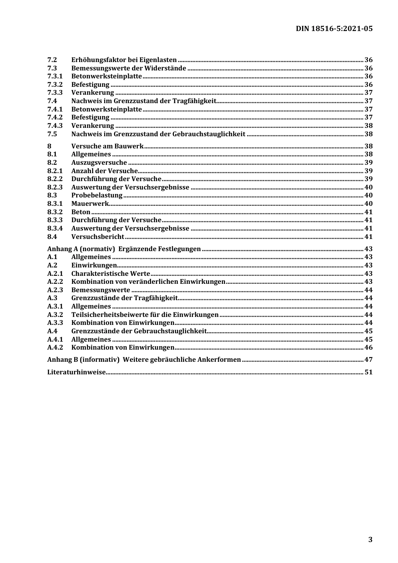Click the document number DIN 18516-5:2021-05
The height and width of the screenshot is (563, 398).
334,29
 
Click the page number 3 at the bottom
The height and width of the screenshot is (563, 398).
370,540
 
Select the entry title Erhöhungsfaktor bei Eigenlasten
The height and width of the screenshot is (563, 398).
124,60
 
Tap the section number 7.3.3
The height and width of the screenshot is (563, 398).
55,93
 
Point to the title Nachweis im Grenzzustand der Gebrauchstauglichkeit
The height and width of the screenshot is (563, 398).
158,134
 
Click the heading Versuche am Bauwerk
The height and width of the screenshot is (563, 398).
107,146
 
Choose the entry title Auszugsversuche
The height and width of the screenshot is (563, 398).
99,163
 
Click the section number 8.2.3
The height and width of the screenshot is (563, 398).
55,187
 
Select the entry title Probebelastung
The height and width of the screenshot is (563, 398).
97,195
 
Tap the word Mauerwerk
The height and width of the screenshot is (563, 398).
90,204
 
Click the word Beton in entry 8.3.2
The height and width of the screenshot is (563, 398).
81,212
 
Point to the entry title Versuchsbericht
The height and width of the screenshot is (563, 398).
98,237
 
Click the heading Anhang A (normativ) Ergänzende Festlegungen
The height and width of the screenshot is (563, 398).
124,249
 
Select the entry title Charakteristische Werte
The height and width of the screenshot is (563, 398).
111,274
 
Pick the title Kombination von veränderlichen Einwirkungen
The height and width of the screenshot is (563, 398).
148,282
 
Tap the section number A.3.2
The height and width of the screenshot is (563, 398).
55,315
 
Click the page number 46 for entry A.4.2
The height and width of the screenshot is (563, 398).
368,348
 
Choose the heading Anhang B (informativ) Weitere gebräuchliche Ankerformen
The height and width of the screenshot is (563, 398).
144,360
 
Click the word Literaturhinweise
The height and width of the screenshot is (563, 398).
76,372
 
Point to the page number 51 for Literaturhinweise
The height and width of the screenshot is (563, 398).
368,372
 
